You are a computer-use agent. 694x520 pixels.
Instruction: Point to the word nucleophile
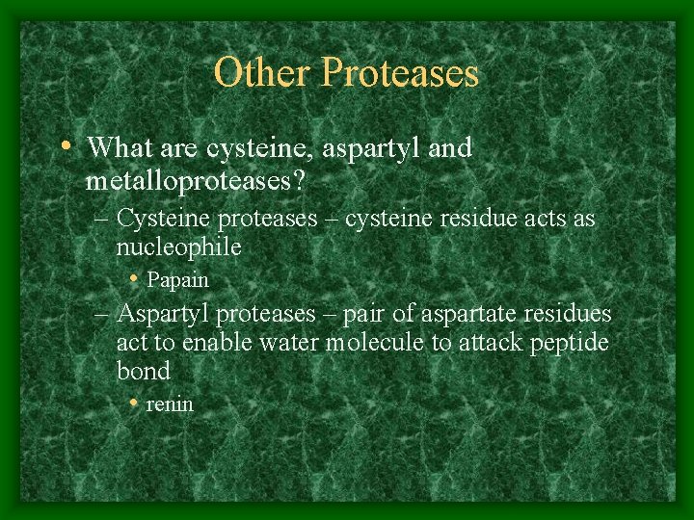[x=178, y=248]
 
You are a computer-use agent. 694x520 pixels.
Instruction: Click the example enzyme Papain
[x=177, y=280]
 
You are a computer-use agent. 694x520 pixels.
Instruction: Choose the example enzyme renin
[x=170, y=404]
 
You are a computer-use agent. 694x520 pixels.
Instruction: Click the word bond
[x=143, y=371]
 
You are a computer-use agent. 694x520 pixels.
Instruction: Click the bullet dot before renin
[x=136, y=403]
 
